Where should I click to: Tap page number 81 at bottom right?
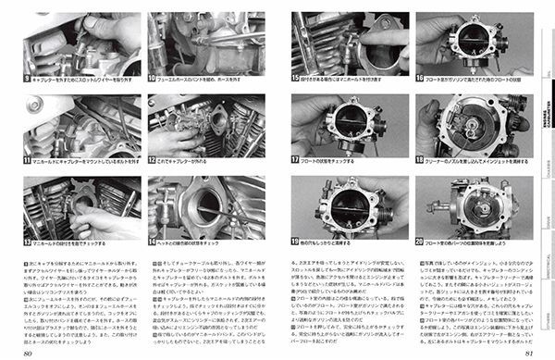(x=526, y=351)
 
